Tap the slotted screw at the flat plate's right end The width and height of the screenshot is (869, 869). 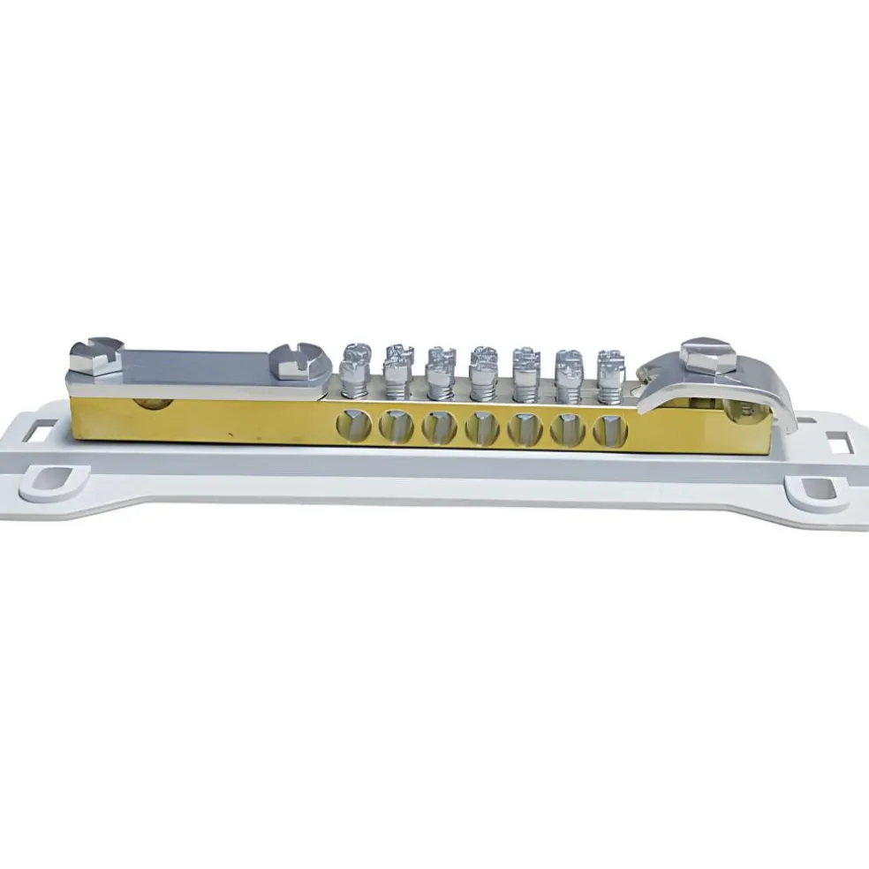point(294,360)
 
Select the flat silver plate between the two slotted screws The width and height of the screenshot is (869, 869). point(194,364)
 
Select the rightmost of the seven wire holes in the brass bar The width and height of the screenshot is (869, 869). point(607,429)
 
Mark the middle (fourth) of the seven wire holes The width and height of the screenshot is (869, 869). point(481,428)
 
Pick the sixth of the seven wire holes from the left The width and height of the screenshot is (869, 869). point(565,429)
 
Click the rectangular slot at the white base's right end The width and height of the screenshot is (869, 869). point(834,437)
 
